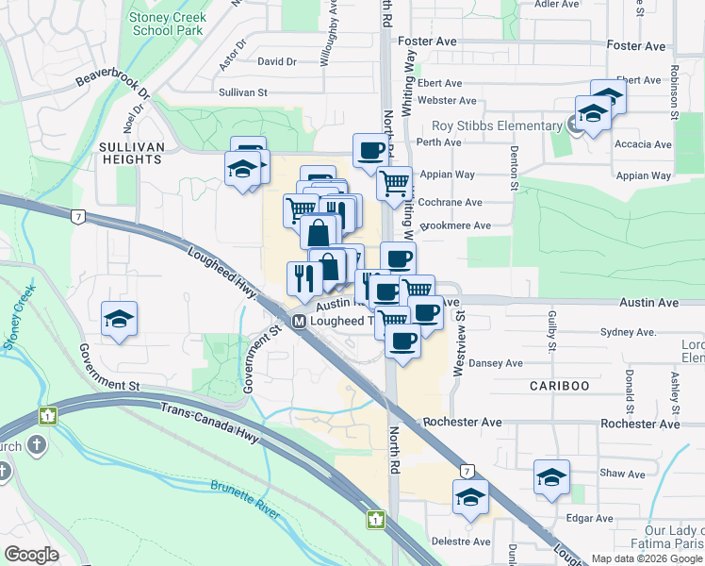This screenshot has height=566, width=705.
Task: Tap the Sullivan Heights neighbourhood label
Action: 130,153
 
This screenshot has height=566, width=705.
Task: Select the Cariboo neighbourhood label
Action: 559,387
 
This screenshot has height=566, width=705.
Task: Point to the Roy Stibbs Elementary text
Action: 497,126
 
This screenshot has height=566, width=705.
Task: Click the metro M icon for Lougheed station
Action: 299,322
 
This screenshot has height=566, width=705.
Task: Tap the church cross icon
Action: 37,445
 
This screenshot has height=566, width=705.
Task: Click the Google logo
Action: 32,555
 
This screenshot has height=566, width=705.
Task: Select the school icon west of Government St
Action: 120,319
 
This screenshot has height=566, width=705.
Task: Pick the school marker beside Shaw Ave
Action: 551,477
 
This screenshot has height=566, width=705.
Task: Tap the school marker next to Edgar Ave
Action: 470,496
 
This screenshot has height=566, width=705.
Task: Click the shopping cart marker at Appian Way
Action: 395,182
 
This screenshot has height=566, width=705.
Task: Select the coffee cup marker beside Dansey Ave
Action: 402,341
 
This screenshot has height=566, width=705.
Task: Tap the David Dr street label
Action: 276,62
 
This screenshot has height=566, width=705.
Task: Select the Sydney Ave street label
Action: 627,333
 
